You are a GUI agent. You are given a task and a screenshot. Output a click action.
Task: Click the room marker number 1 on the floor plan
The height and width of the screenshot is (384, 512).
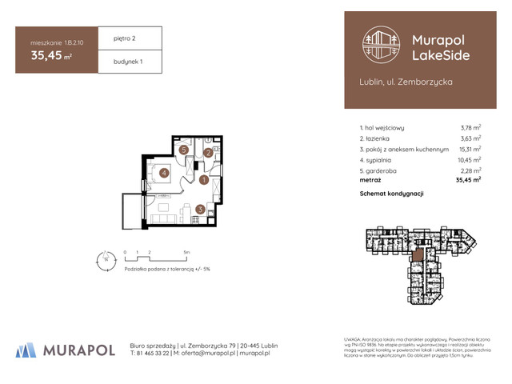[x=204, y=181]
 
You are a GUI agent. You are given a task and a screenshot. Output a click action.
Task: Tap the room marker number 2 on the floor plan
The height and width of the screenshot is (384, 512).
[x=207, y=153]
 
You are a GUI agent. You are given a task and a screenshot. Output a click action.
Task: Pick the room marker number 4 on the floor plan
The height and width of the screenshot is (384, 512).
[x=163, y=171]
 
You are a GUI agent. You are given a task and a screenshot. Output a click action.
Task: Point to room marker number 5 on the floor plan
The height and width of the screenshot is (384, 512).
[x=184, y=150]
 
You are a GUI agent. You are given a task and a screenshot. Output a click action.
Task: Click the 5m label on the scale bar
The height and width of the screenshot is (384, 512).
[x=186, y=251]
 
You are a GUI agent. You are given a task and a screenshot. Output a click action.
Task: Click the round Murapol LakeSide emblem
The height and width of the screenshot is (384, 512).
[x=381, y=45]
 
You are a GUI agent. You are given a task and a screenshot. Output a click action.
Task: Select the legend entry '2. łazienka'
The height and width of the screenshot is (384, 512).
[x=380, y=138]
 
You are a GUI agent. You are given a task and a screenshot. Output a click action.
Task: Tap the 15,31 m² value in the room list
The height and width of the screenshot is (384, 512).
[x=469, y=149]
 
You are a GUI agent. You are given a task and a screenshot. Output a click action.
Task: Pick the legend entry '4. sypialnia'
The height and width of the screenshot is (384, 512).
[x=381, y=159]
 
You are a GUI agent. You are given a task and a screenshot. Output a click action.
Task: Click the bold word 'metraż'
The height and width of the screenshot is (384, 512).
[x=373, y=180]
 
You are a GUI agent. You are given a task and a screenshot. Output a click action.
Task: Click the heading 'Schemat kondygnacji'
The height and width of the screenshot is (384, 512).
[x=392, y=194]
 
